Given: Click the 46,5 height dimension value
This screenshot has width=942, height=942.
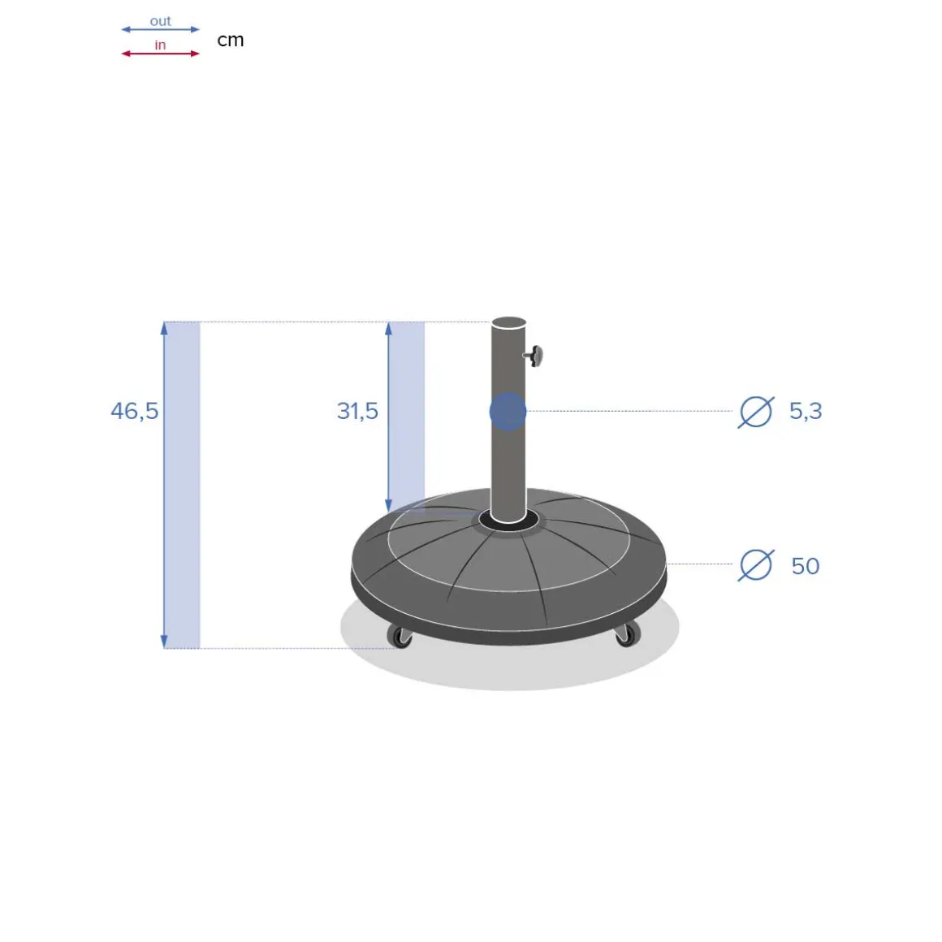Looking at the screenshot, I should pyautogui.click(x=135, y=411).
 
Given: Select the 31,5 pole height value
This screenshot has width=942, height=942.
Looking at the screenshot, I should pyautogui.click(x=357, y=411).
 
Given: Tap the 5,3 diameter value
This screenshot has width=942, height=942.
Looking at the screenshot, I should pyautogui.click(x=806, y=411).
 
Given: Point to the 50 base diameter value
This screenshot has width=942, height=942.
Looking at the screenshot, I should pyautogui.click(x=806, y=565).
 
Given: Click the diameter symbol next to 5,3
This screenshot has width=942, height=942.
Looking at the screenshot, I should pyautogui.click(x=755, y=412).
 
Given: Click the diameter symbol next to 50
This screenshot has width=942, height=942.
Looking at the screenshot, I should pyautogui.click(x=755, y=565).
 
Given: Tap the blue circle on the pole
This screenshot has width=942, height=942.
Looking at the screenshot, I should pyautogui.click(x=508, y=412).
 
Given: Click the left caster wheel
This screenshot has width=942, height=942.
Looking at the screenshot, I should pyautogui.click(x=400, y=637).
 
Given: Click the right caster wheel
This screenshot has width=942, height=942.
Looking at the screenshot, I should pyautogui.click(x=626, y=635).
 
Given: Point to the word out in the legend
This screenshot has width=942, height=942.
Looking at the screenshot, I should pyautogui.click(x=160, y=21).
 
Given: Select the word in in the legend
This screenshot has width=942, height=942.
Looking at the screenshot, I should pyautogui.click(x=160, y=45).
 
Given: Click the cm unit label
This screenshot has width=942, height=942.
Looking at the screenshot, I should pyautogui.click(x=231, y=40).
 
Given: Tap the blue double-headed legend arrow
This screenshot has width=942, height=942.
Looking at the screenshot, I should pyautogui.click(x=160, y=30).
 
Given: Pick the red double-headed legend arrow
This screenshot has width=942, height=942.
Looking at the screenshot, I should pyautogui.click(x=160, y=54).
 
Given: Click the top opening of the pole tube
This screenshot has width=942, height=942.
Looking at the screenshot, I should pyautogui.click(x=508, y=322).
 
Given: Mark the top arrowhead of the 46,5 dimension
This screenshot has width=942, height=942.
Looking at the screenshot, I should pyautogui.click(x=164, y=328).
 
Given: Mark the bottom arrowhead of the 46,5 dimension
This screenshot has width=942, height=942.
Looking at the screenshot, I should pyautogui.click(x=164, y=642).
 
